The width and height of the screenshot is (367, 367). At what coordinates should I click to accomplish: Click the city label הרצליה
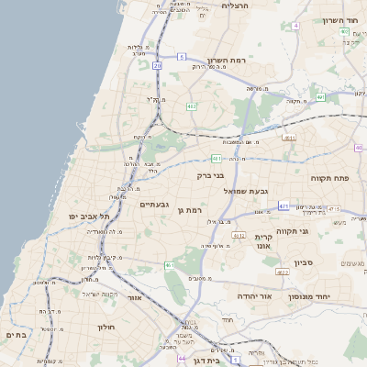tap(239, 6)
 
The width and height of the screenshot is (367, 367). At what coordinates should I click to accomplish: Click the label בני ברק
tap(210, 173)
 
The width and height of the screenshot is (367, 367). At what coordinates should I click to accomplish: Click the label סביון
tap(304, 262)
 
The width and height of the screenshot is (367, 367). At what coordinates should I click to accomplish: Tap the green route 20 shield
tap(158, 66)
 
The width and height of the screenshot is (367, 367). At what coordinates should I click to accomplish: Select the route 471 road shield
tap(284, 206)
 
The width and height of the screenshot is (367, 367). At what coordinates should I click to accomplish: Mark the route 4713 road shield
tap(332, 209)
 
